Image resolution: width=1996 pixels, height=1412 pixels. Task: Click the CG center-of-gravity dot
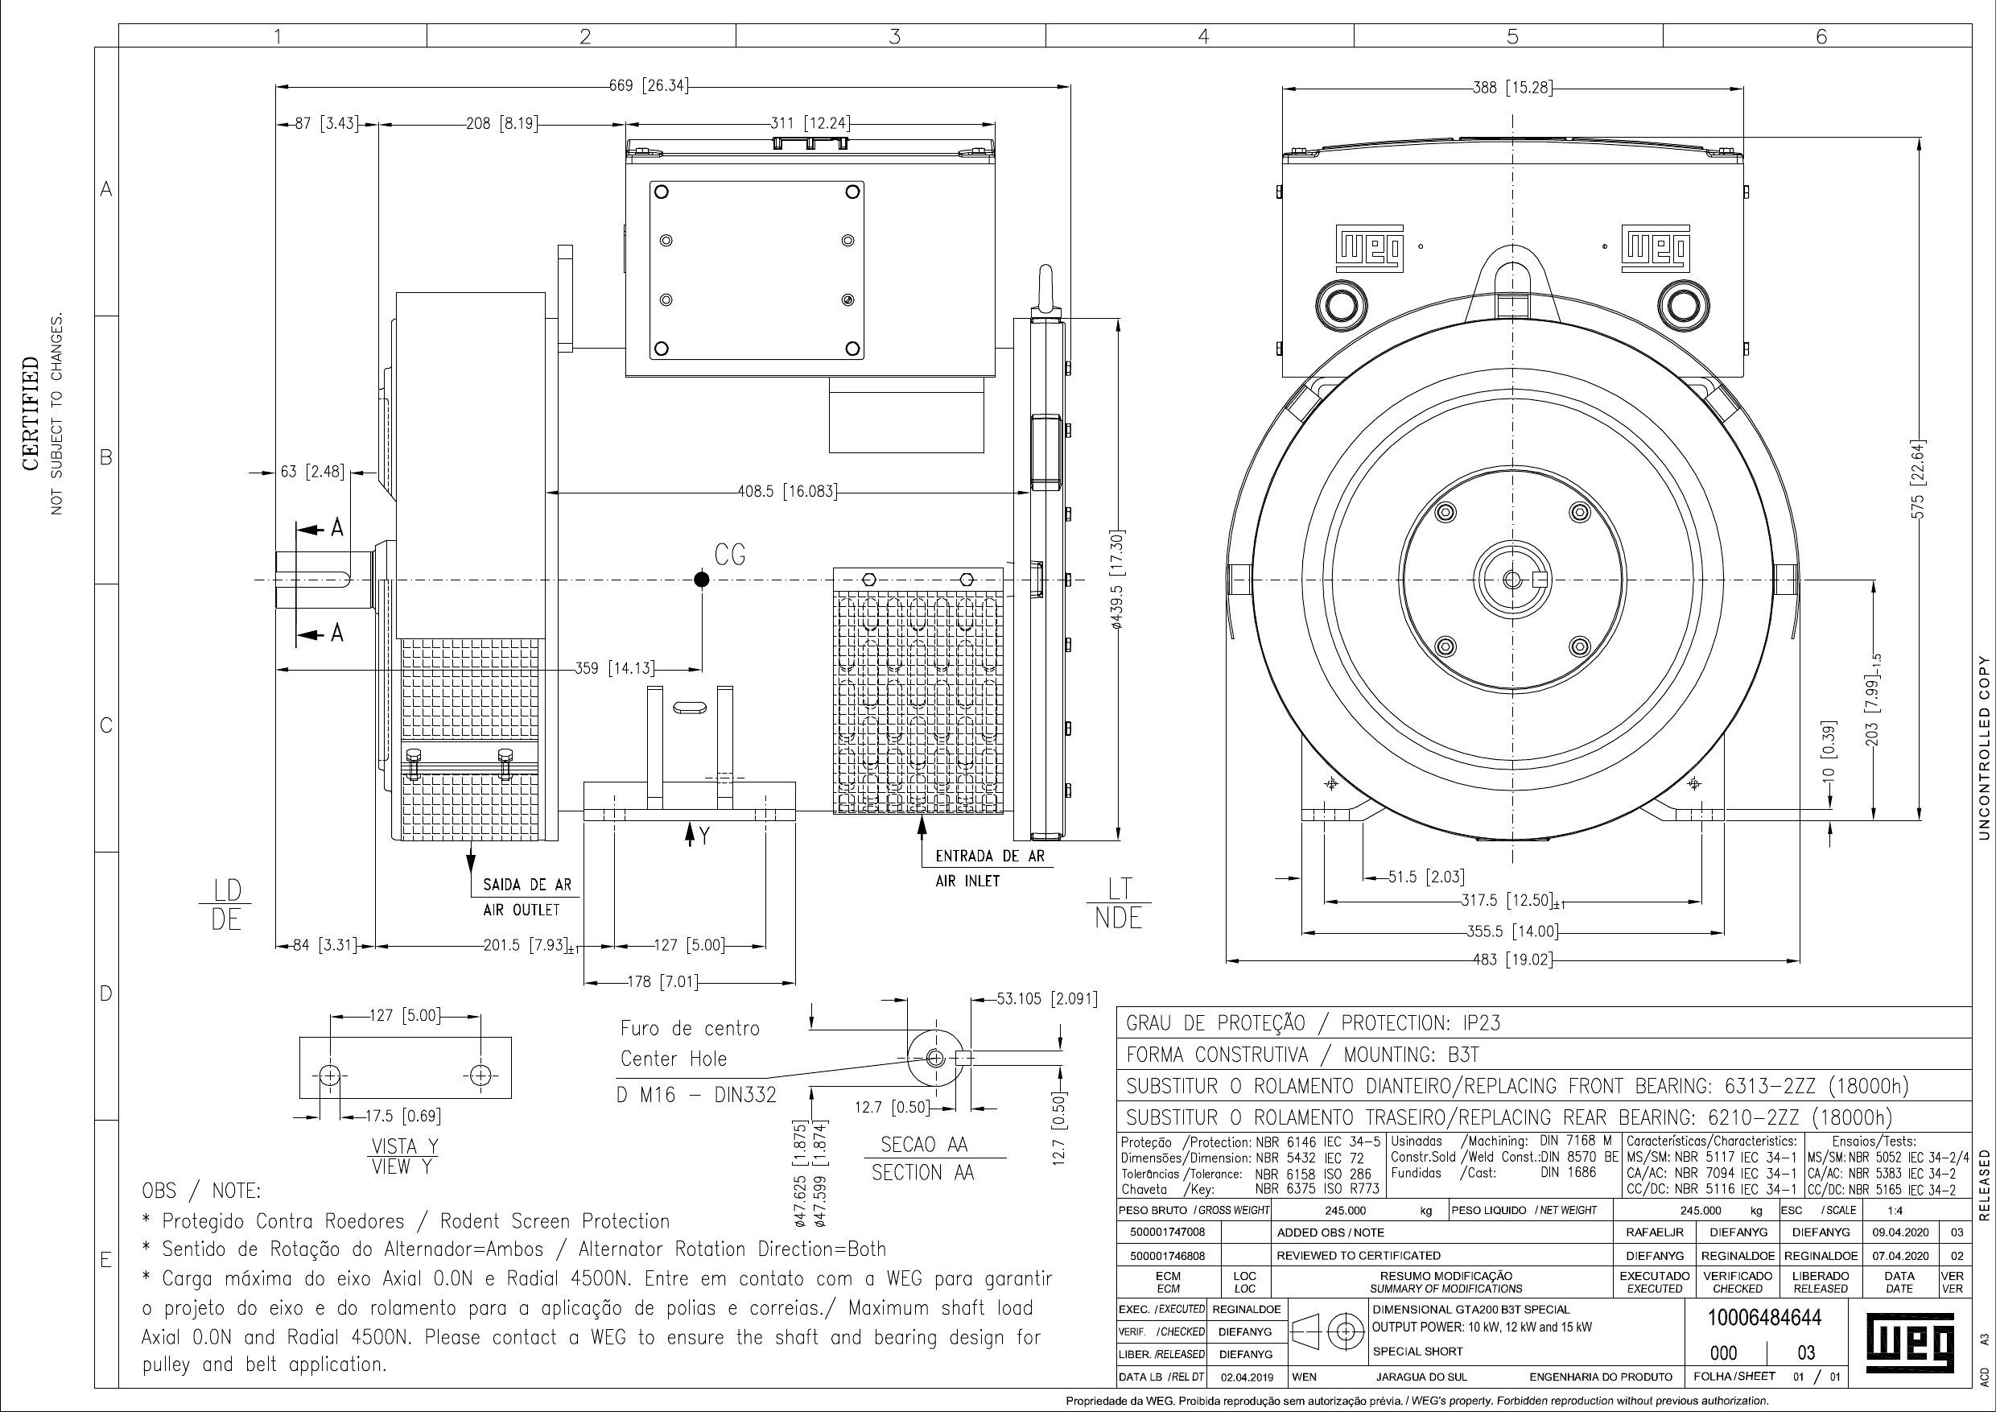[x=702, y=580]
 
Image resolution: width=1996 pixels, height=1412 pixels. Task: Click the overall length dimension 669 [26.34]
[x=649, y=86]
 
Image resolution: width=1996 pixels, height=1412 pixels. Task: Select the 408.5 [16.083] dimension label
[x=787, y=492]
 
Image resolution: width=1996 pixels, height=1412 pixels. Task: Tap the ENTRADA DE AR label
[x=989, y=857]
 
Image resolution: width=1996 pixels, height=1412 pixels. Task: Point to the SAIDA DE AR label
[x=527, y=885]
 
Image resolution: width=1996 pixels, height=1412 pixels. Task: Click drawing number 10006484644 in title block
[x=1764, y=1317]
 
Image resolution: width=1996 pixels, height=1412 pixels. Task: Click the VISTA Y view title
[x=404, y=1146]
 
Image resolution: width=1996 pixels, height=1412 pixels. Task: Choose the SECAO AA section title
[x=923, y=1144]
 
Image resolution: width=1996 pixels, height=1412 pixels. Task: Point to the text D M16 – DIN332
[x=696, y=1096]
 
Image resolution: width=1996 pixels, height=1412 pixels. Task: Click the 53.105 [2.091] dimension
[x=1046, y=999]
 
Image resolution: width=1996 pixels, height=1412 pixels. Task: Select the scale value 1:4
[x=1895, y=1210]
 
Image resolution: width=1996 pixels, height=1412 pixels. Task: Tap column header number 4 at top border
[x=1203, y=35]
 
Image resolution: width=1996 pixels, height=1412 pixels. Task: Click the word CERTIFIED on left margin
[x=31, y=413]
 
